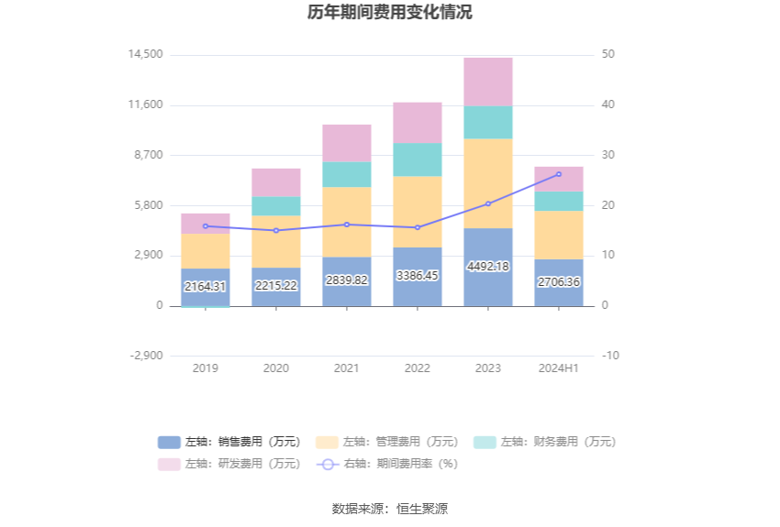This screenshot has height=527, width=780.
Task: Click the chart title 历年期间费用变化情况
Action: pyautogui.click(x=390, y=13)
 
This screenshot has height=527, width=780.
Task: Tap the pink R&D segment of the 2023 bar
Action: pyautogui.click(x=488, y=82)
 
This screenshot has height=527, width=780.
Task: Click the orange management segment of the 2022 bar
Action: pyautogui.click(x=418, y=211)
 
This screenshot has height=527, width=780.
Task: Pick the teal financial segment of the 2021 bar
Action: pyautogui.click(x=347, y=174)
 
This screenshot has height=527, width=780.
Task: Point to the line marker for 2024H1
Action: pyautogui.click(x=559, y=174)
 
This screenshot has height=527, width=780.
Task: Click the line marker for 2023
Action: pyautogui.click(x=488, y=203)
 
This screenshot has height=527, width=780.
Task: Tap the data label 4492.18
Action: pyautogui.click(x=488, y=267)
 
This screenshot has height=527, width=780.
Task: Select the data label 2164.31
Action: pyautogui.click(x=206, y=287)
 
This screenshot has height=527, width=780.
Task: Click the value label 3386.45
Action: pyautogui.click(x=418, y=275)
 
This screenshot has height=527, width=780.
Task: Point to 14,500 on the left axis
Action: pyautogui.click(x=146, y=55)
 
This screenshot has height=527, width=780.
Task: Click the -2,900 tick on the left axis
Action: pyautogui.click(x=146, y=356)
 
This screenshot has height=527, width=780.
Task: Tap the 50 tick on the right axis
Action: pyautogui.click(x=608, y=55)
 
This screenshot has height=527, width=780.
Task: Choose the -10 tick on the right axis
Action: pyautogui.click(x=610, y=356)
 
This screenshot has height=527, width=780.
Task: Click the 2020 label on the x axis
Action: pyautogui.click(x=276, y=368)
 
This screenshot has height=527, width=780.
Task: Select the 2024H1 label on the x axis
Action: pyautogui.click(x=559, y=368)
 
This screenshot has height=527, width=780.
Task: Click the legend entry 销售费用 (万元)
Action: pyautogui.click(x=229, y=442)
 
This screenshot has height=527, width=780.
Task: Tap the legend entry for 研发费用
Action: pyautogui.click(x=229, y=464)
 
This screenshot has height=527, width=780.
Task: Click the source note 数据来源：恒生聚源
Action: pyautogui.click(x=390, y=509)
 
